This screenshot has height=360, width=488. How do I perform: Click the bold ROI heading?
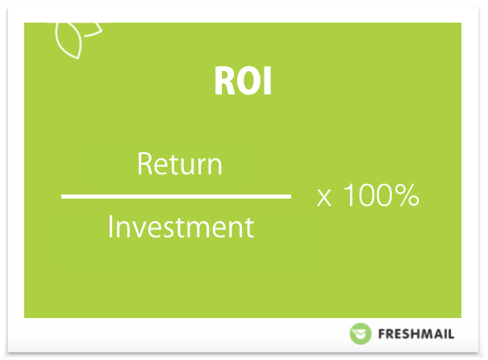[243, 81]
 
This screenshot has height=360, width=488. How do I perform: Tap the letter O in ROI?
[249, 81]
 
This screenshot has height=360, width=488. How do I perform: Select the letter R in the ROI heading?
[224, 81]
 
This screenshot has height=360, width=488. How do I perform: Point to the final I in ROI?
[268, 81]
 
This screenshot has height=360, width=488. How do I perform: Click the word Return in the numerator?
[180, 164]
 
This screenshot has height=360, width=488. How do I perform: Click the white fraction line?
[176, 196]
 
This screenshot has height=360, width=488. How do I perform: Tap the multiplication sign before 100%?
[324, 198]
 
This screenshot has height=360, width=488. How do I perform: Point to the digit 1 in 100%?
[348, 195]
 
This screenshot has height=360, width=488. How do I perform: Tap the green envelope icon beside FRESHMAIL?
[361, 334]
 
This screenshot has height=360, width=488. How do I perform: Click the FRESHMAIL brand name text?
[416, 334]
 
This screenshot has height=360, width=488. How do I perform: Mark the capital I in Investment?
[111, 226]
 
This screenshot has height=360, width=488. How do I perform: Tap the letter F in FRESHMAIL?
[382, 334]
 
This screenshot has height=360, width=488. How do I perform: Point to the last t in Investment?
[250, 228]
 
